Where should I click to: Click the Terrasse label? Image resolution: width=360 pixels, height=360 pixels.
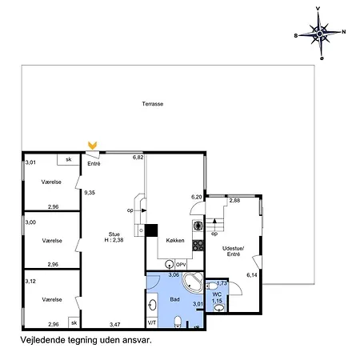153,104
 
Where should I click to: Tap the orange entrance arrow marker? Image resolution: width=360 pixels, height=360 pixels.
93,146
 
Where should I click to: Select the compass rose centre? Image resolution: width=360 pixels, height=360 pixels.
320,34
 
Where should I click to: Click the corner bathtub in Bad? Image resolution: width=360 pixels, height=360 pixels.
193,282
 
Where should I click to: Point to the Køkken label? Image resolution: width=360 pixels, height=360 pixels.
175,240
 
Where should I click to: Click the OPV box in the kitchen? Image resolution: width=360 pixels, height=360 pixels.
181,265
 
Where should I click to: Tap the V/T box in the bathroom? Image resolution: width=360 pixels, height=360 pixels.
152,322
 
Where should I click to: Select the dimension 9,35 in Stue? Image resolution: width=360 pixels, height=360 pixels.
90,193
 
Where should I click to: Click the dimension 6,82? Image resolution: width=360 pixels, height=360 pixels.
138,158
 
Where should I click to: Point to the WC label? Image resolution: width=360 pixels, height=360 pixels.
217,294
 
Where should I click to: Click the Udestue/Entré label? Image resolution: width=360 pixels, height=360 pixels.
234,251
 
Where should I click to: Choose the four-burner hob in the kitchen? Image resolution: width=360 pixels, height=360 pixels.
198,246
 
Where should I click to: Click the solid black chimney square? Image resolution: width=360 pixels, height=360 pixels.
151,230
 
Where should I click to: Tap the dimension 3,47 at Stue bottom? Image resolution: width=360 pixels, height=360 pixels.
115,325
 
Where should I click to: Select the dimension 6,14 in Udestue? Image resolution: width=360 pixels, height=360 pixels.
252,275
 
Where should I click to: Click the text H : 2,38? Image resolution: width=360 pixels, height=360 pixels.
114,240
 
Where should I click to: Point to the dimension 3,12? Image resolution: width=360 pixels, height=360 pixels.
30,282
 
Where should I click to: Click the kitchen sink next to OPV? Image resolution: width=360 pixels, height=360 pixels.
170,264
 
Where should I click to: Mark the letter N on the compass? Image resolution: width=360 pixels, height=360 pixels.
344,32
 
